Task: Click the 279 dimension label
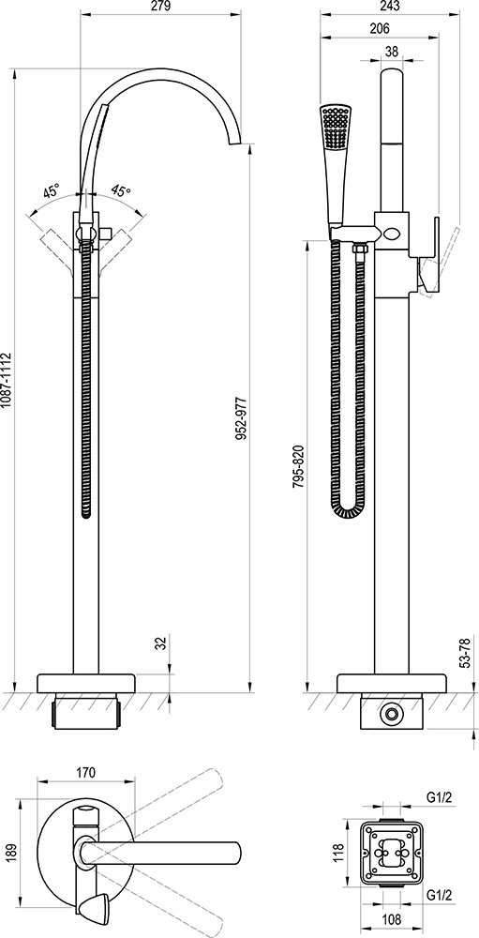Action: tap(161, 7)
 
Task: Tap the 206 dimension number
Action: tap(380, 28)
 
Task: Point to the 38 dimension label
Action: tap(392, 52)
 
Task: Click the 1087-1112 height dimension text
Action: tap(7, 381)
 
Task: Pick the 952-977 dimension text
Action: tap(241, 417)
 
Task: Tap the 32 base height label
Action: tap(161, 643)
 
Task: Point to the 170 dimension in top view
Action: tap(85, 772)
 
